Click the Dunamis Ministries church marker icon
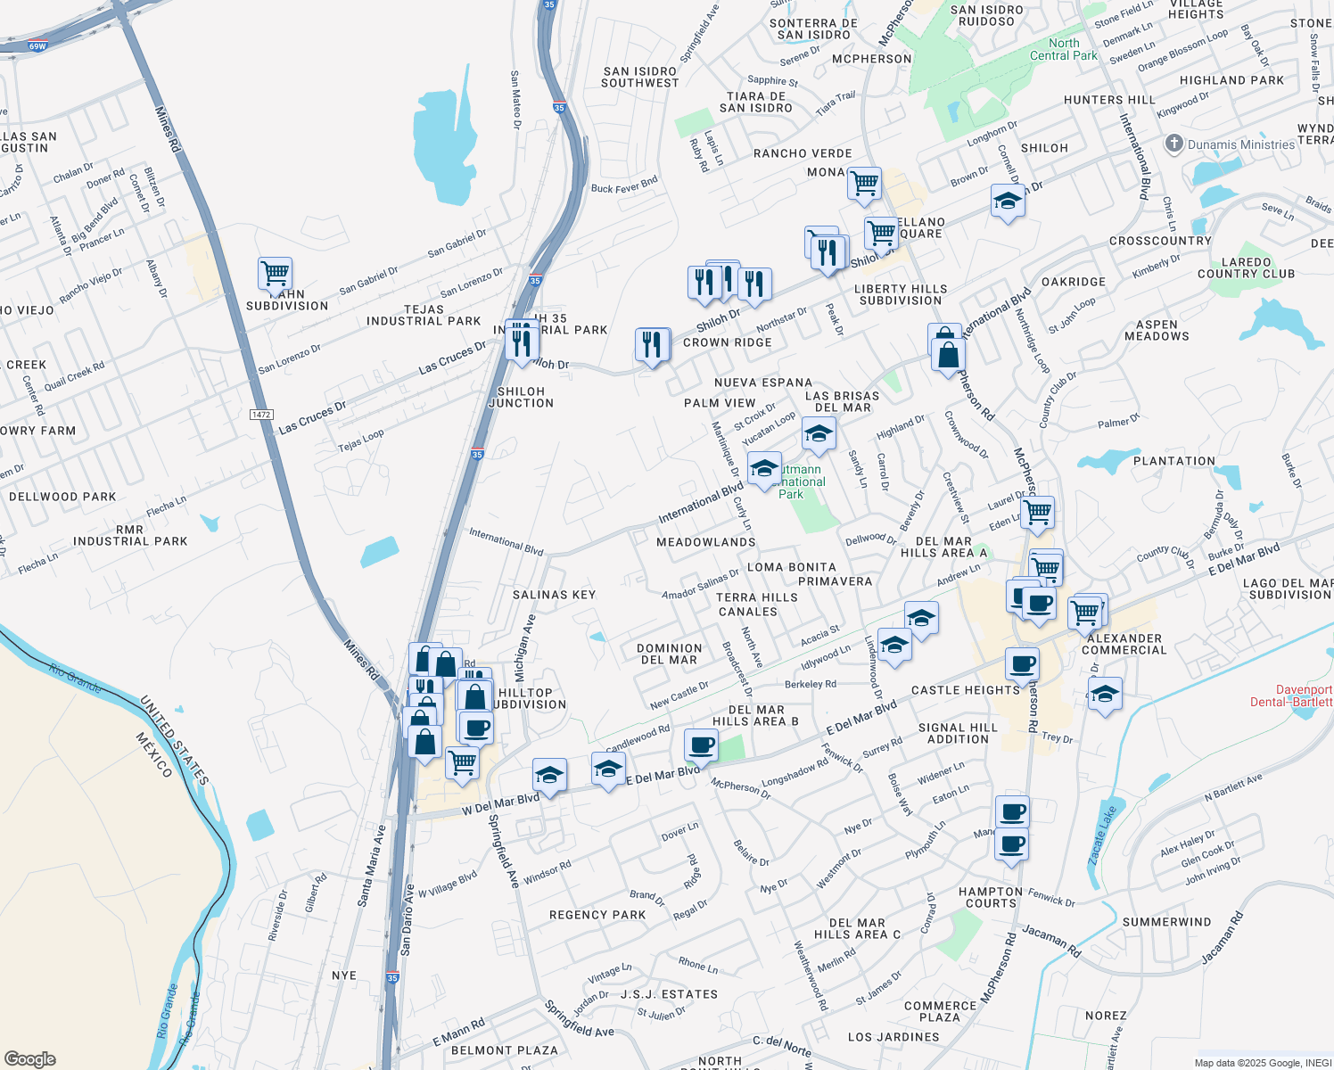[1173, 144]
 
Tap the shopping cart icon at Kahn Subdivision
[275, 274]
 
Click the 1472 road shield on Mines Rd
[261, 415]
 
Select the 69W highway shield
[37, 46]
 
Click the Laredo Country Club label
[1246, 268]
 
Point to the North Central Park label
[1064, 49]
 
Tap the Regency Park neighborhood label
[597, 915]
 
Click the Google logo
[30, 1059]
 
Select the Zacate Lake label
[1102, 835]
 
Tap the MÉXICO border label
[153, 754]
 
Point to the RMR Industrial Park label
[130, 535]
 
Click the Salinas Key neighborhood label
[554, 595]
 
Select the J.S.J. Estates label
[669, 994]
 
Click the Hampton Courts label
[991, 897]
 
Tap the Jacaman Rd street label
[1051, 941]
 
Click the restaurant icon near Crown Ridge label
[652, 344]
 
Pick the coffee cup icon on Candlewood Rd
[701, 745]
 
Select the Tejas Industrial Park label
[424, 316]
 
